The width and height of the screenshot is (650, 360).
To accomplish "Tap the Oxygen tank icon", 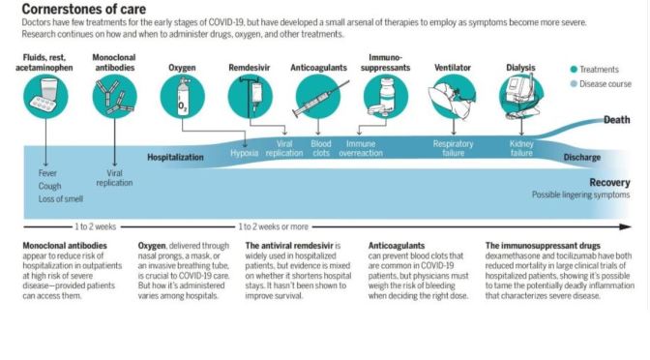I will pyautogui.click(x=182, y=98).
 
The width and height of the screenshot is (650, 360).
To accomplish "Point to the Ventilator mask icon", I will pyautogui.click(x=453, y=98).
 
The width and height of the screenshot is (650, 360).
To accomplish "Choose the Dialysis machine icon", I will pyautogui.click(x=522, y=98).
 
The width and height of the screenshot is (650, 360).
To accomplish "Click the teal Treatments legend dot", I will pyautogui.click(x=575, y=69).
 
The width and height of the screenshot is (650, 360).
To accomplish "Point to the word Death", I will pyautogui.click(x=616, y=121).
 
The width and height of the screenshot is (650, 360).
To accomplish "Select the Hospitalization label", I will pyautogui.click(x=175, y=156).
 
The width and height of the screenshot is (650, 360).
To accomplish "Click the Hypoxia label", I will pyautogui.click(x=245, y=153).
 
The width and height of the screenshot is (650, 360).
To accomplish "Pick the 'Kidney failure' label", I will pyautogui.click(x=521, y=148).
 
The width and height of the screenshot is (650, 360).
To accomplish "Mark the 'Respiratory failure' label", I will pyautogui.click(x=452, y=148).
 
